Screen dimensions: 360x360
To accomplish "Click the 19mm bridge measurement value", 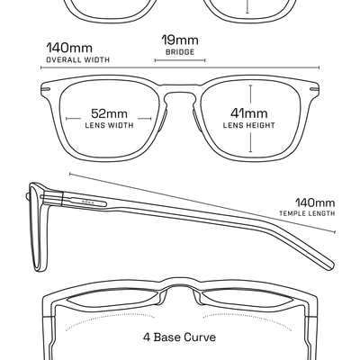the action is (180, 40).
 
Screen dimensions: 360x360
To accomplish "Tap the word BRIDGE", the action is (180, 52).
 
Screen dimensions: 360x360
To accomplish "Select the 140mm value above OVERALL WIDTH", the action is (69, 48).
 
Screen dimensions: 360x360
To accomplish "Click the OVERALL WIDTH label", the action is (78, 59).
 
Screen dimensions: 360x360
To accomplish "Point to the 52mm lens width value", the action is (109, 113).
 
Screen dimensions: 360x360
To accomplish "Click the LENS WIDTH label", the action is (109, 125).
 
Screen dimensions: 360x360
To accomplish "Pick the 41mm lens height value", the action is (249, 113).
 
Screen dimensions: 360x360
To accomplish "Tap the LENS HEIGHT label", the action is (249, 125).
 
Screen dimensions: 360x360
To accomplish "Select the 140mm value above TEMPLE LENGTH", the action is (315, 202).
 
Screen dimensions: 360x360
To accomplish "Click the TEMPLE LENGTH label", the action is (307, 213).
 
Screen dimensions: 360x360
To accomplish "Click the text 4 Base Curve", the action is (179, 337).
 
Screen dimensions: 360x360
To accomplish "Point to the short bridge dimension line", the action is (180, 60).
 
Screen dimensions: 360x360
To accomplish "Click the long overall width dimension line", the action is (180, 67).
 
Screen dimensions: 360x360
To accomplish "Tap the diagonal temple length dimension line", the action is (202, 202).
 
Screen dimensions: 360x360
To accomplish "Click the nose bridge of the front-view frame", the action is (180, 93).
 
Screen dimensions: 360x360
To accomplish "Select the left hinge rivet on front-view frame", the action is (47, 89).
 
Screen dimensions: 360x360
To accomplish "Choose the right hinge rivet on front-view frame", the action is (314, 89).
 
